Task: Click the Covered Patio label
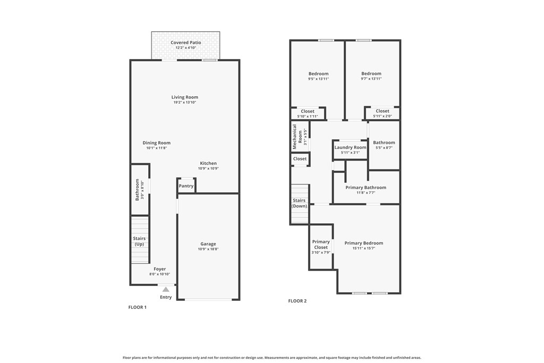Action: [185, 43]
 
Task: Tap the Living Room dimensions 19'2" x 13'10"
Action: [184, 103]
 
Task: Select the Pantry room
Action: [186, 185]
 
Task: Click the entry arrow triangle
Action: [166, 290]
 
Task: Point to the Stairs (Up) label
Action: [139, 241]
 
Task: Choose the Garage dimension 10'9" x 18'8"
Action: [208, 249]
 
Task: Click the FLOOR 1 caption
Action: [138, 307]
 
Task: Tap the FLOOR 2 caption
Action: [297, 301]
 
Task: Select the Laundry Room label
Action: [350, 148]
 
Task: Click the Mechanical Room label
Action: [297, 137]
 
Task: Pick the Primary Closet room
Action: [321, 247]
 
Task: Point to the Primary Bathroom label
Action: [365, 188]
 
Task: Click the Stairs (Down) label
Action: [299, 203]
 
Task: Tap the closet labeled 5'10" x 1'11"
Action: [308, 114]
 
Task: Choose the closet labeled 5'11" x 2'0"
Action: [382, 113]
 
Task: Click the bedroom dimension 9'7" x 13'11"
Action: [371, 79]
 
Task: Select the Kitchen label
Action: [208, 163]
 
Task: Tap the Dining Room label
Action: [157, 142]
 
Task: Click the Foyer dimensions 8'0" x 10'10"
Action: [159, 274]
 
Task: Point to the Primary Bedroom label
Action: [363, 243]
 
